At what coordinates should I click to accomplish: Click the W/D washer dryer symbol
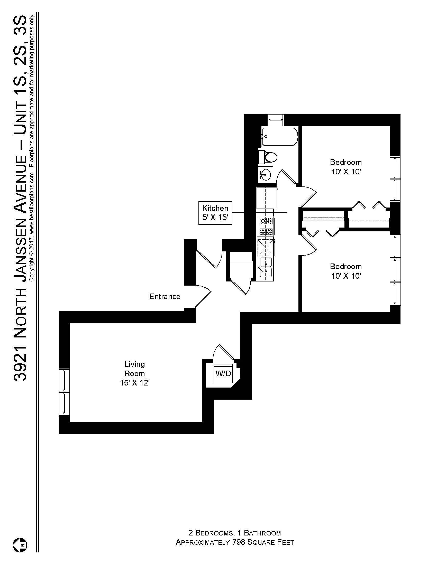coord(223,374)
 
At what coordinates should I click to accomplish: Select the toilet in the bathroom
coord(269,157)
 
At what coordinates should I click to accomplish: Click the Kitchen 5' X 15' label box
coord(215,213)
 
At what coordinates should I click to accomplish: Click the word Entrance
coord(165,296)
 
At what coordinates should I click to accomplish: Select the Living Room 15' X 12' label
coord(135,374)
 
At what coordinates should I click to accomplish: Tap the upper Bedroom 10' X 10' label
coord(345,167)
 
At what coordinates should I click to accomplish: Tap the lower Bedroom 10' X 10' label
coord(345,271)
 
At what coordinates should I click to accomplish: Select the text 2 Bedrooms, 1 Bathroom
coord(234,533)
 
